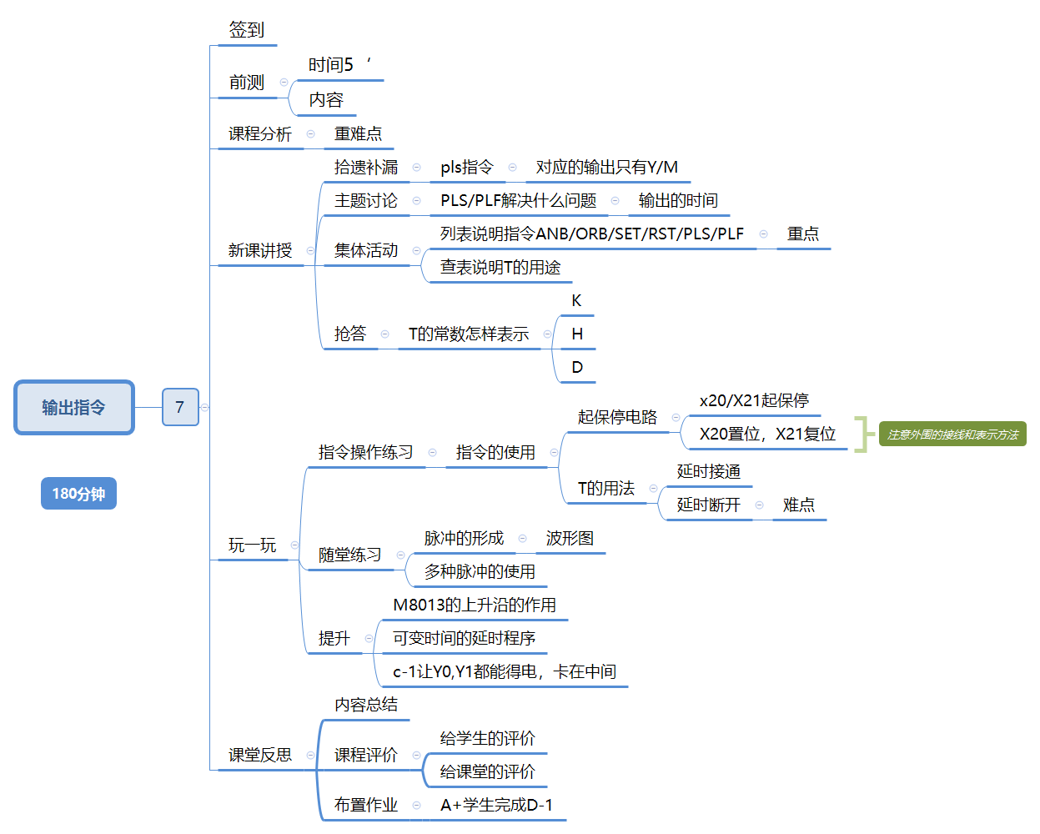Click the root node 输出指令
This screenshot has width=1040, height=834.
point(73,407)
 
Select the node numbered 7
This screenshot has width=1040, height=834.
point(179,407)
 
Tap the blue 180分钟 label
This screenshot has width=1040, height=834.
point(78,494)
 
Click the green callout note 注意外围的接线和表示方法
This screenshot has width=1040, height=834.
point(952,435)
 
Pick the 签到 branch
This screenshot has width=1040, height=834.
point(246,31)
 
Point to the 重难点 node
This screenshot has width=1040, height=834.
point(358,134)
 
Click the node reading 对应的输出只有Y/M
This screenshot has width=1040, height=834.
point(606,168)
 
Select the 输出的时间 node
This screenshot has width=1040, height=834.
point(677,201)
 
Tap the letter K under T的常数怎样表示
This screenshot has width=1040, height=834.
point(576,301)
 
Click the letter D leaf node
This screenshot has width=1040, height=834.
point(576,368)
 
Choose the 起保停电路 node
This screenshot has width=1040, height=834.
point(617,417)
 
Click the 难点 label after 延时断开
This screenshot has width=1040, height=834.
point(798,505)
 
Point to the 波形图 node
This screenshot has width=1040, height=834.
point(570,539)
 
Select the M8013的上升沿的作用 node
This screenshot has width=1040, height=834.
point(474,605)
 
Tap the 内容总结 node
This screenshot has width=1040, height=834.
point(365,706)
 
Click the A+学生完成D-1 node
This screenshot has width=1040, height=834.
point(496,806)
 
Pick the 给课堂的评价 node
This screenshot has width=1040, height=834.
point(487,772)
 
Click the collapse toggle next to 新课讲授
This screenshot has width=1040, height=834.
point(310,250)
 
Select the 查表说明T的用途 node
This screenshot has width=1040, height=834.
point(500,268)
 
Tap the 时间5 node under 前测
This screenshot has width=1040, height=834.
point(331,65)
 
